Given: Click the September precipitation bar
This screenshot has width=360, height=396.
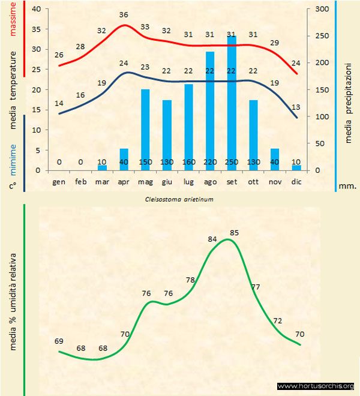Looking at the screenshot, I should coord(232,102).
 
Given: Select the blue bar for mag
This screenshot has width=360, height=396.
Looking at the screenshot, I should coord(145,129).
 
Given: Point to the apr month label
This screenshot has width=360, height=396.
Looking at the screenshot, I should coord(124,181).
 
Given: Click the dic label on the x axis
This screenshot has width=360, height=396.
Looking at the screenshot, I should coord(296,181).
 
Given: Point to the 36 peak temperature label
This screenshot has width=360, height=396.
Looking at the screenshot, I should coord(124,14).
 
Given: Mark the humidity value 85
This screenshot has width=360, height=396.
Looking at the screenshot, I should coord(235,232).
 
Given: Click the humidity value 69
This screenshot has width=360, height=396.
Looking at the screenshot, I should coord(59,341).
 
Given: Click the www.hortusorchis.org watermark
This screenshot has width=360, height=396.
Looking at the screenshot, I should coord(317,386).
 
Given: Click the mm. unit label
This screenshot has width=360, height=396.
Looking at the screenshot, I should coord(348,186).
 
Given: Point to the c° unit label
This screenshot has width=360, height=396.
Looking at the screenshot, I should coord(13,186).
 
